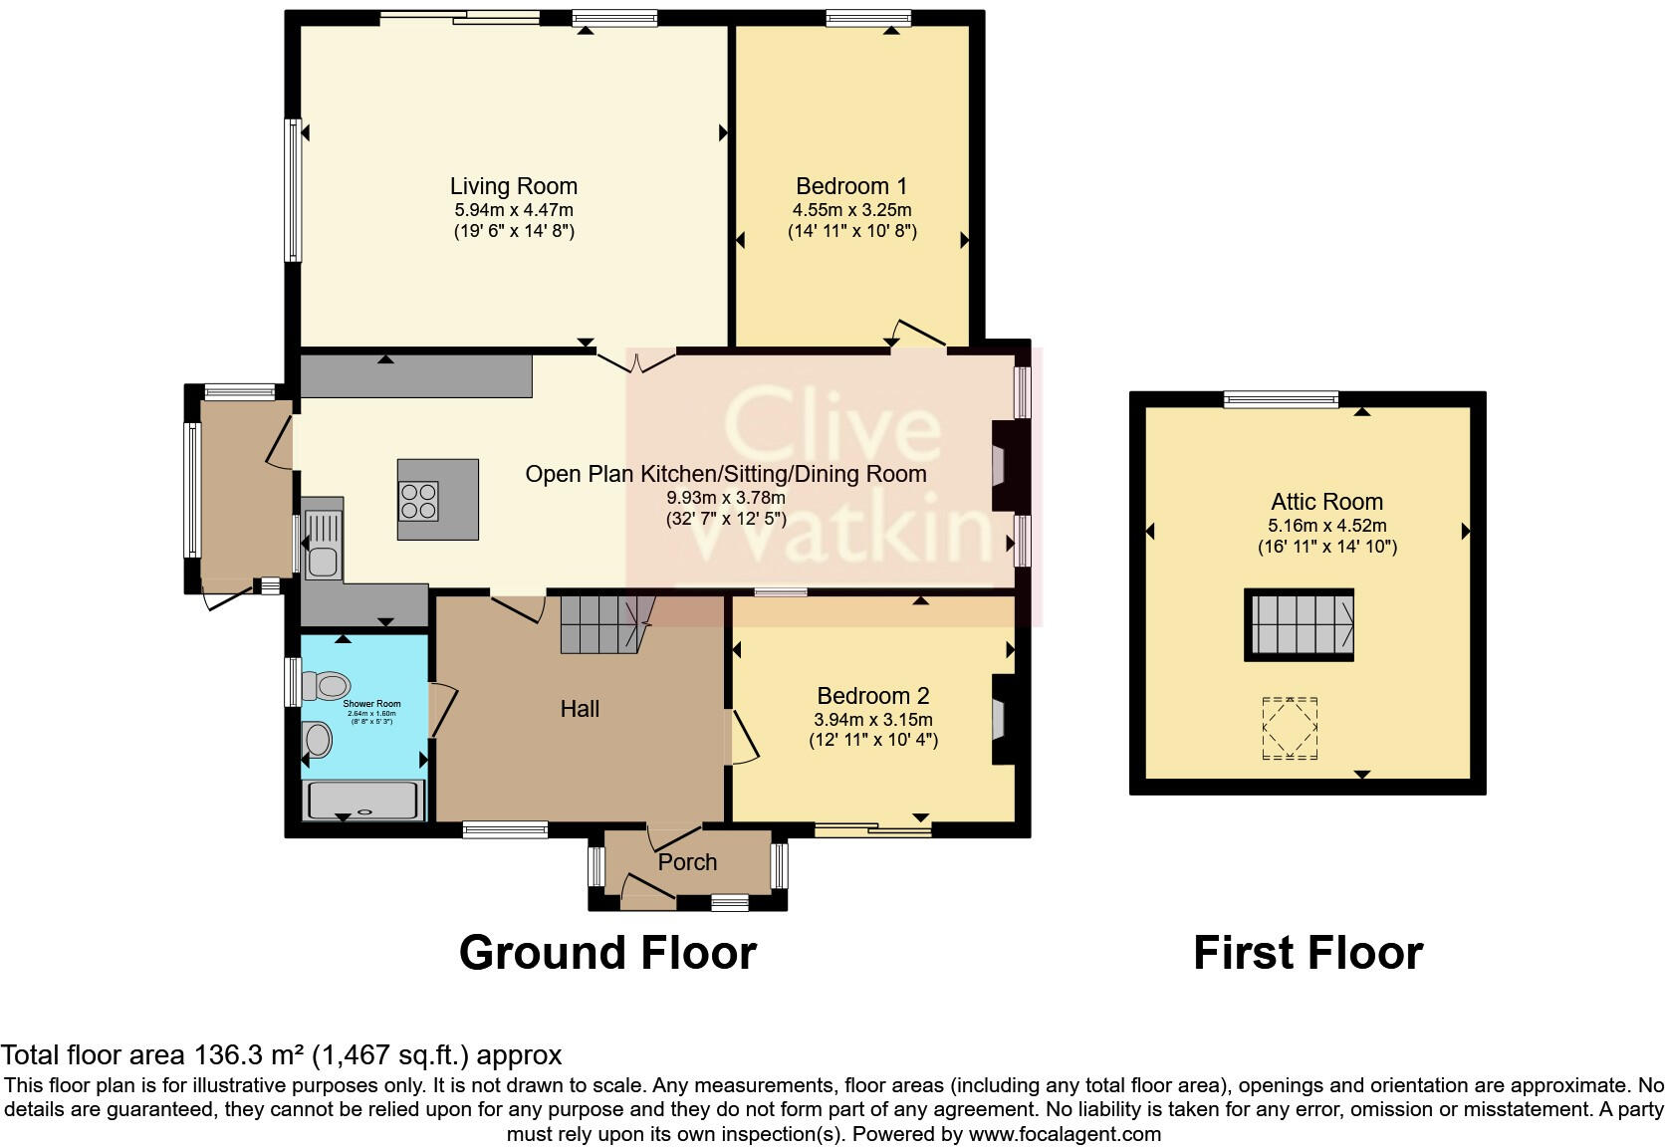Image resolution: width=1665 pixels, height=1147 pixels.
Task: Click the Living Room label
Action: coord(513,186)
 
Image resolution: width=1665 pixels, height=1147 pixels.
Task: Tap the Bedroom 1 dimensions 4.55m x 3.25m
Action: coord(851,210)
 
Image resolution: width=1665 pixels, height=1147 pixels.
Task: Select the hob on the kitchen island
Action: coord(418,500)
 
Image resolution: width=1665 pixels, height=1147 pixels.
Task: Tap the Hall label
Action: coord(580,709)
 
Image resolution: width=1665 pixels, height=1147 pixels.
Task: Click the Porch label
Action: coord(687,862)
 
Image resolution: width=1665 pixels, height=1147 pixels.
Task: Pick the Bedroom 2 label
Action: coord(873,696)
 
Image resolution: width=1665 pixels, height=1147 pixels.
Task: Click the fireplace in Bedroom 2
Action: coord(1000,720)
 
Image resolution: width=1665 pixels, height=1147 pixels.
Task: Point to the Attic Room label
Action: coord(1326,502)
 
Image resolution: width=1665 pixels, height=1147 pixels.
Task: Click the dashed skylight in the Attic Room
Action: coord(1290,729)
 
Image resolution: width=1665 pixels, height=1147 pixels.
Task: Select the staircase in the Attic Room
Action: coord(1299,624)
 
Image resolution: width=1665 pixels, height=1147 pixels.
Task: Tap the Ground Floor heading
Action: coord(607,953)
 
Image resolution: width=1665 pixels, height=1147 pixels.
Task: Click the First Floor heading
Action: coord(1308,953)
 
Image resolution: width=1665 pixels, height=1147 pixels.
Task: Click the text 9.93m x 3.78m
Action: coord(726,498)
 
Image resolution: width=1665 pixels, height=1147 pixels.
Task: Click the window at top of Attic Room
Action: coord(1281,399)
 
